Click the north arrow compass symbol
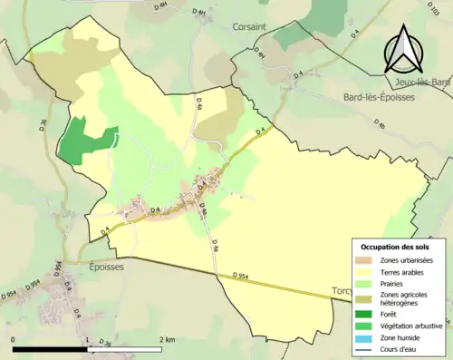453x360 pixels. click(x=404, y=51)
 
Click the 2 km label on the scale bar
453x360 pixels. click(x=167, y=340)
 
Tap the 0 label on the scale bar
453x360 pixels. click(x=14, y=340)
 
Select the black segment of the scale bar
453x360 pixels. click(x=51, y=349)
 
